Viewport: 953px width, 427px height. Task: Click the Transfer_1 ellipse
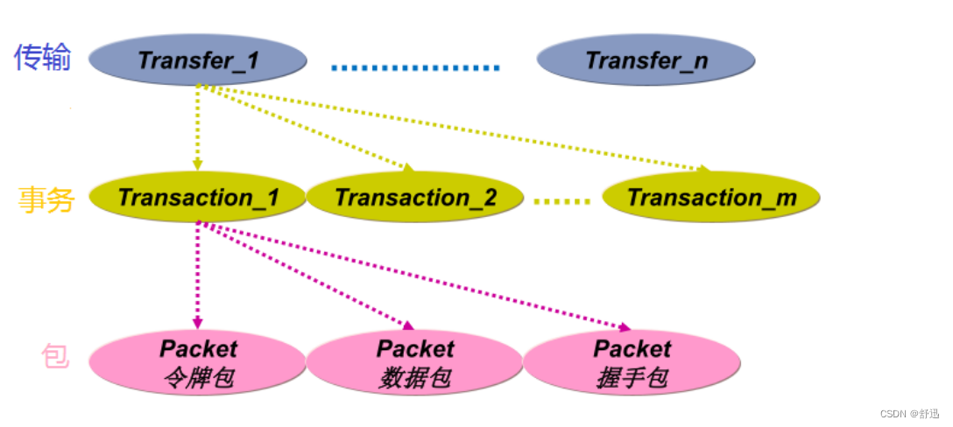[199, 60]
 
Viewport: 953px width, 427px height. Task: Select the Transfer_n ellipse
[646, 60]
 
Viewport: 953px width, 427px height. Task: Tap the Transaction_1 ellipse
[199, 197]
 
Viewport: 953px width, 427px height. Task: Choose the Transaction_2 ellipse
[415, 197]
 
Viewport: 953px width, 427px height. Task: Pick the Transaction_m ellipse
[711, 197]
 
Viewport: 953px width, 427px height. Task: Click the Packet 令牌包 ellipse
[198, 361]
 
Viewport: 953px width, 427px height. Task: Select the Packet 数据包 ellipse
[415, 361]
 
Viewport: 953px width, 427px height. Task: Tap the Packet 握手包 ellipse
[632, 361]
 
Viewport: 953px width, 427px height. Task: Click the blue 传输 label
[42, 58]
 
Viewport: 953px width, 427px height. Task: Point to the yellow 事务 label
[46, 199]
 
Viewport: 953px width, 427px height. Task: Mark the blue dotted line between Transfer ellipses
[416, 66]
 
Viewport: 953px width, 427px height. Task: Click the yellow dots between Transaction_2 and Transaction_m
[562, 201]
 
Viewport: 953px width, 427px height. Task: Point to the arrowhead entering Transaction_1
[198, 164]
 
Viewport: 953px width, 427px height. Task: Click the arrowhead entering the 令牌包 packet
[198, 323]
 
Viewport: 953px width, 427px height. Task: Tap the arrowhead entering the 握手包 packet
[625, 328]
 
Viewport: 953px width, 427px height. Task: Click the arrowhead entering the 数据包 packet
[406, 325]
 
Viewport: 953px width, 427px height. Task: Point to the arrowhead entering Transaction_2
[406, 167]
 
